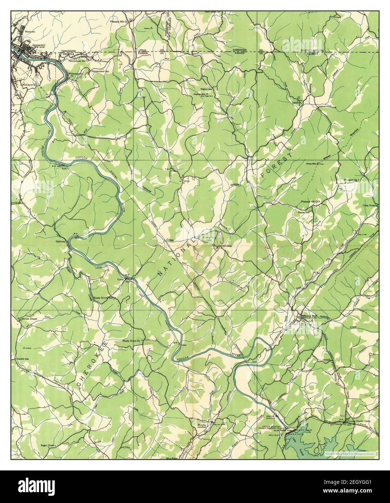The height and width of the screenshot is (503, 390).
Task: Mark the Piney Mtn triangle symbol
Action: pyautogui.click(x=318, y=164)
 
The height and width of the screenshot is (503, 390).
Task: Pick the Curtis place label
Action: pyautogui.click(x=120, y=280)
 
